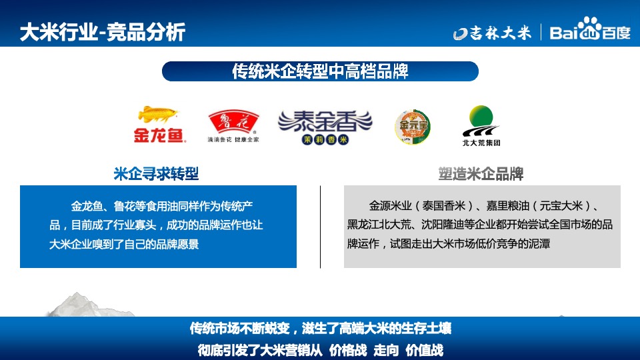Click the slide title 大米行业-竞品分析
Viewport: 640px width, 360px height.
pyautogui.click(x=102, y=31)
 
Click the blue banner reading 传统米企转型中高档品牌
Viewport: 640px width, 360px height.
pyautogui.click(x=320, y=71)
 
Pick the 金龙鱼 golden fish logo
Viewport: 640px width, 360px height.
pyautogui.click(x=159, y=125)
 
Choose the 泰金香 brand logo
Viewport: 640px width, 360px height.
pyautogui.click(x=325, y=126)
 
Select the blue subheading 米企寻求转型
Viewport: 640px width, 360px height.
pyautogui.click(x=156, y=175)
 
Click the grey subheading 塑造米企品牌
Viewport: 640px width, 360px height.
pyautogui.click(x=481, y=175)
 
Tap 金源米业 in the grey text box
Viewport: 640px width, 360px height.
pyautogui.click(x=391, y=205)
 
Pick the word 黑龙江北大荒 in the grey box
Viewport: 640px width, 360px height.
pyautogui.click(x=379, y=225)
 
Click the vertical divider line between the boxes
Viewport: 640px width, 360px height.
pyautogui.click(x=321, y=227)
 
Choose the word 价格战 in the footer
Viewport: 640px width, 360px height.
pyautogui.click(x=348, y=350)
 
